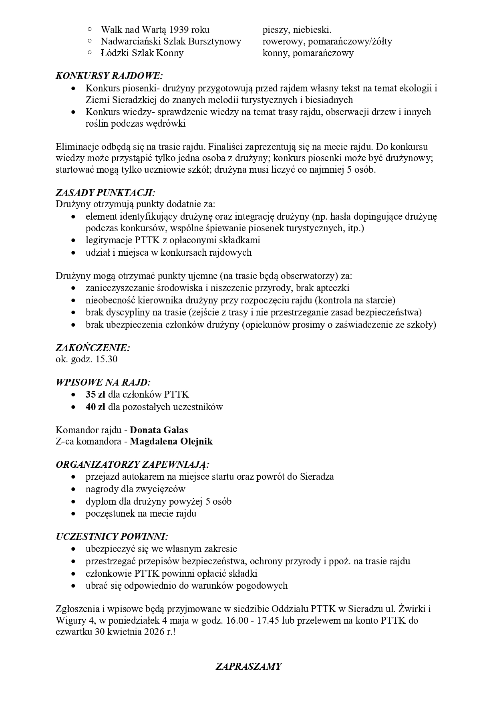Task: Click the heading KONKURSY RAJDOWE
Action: tap(109, 76)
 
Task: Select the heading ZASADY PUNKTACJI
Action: tap(105, 192)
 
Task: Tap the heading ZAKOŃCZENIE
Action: tap(93, 347)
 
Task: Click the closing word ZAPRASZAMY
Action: tap(248, 667)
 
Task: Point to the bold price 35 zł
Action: tap(95, 394)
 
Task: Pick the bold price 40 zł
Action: tap(95, 407)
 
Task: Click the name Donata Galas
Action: tap(159, 430)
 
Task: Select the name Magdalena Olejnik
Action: tap(171, 442)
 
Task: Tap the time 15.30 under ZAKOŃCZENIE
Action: tap(107, 359)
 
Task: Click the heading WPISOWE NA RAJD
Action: tap(103, 382)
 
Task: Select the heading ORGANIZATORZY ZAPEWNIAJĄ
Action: tap(133, 465)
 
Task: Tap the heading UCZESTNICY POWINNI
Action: tap(112, 537)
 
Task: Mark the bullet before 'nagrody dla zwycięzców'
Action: tap(73, 489)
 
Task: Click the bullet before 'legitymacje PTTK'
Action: tap(73, 241)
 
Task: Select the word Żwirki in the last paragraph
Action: tap(412, 609)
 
